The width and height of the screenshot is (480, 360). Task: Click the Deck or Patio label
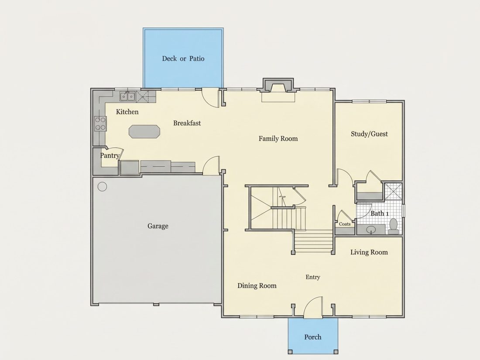click(183, 58)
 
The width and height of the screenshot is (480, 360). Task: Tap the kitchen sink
click(127, 96)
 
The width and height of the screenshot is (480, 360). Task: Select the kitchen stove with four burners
click(100, 123)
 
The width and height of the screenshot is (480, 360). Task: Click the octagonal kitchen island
click(144, 132)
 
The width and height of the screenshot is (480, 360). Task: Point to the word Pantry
click(110, 155)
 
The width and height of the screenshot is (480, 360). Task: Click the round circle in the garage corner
click(102, 186)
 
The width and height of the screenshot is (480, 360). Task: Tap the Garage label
click(158, 226)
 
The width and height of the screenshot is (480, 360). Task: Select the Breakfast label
click(187, 123)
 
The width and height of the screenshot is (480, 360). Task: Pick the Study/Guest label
click(369, 134)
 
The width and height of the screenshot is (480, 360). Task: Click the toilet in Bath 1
click(393, 226)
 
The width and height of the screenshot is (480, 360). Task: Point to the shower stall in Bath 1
click(393, 191)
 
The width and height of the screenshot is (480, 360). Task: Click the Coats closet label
click(345, 224)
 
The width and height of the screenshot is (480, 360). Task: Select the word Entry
click(313, 277)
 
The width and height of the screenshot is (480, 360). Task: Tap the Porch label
click(313, 337)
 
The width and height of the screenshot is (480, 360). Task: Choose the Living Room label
click(369, 252)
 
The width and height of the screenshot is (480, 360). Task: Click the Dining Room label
click(257, 286)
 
